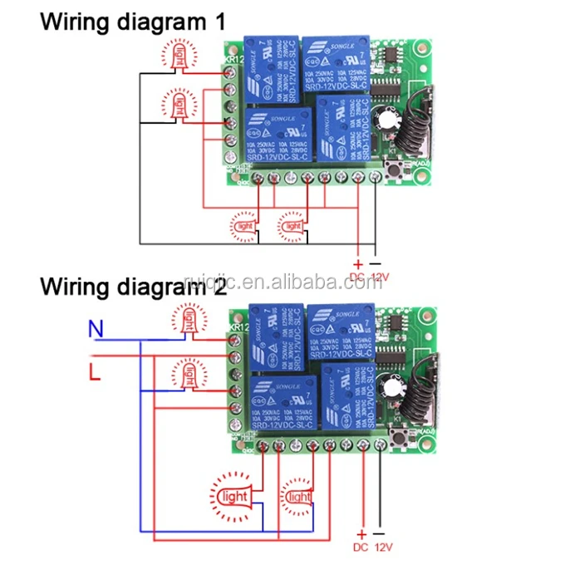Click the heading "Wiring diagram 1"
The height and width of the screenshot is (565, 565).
click(132, 22)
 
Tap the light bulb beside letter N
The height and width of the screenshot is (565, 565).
click(190, 320)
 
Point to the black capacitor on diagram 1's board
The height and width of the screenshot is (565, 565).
click(383, 121)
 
